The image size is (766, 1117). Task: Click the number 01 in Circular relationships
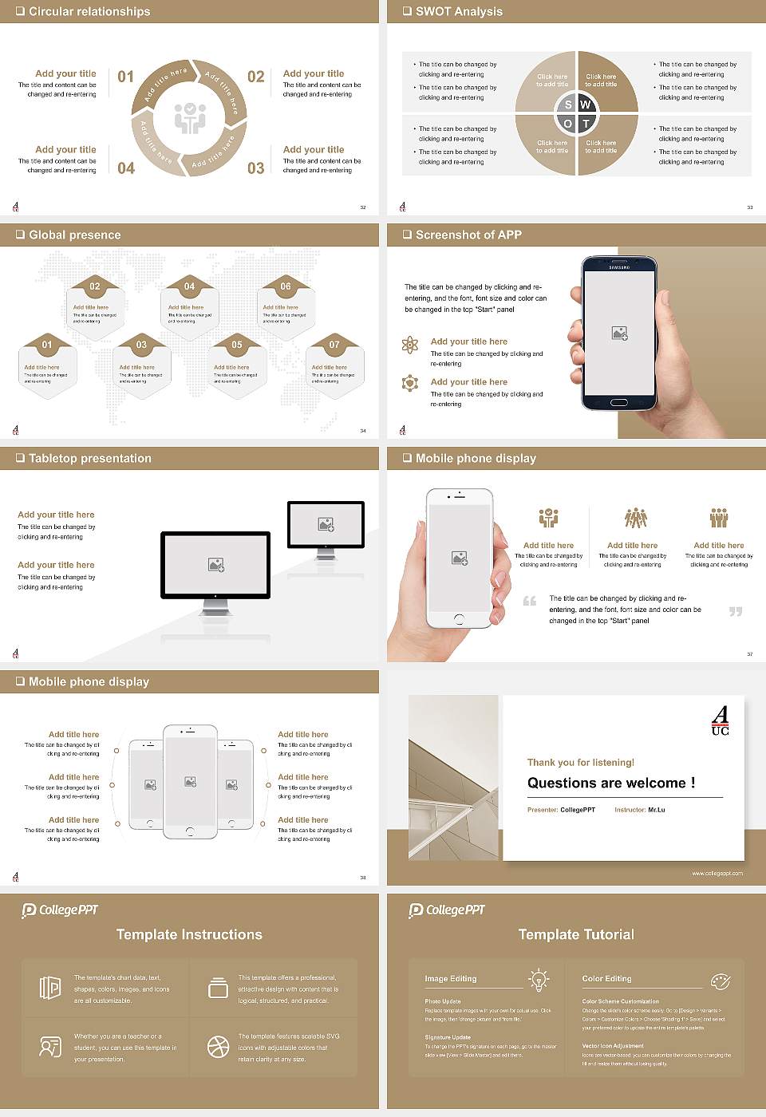tap(125, 77)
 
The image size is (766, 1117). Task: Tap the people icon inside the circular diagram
tap(190, 117)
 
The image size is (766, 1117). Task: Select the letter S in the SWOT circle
tap(568, 105)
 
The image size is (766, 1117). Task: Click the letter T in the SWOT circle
tap(586, 124)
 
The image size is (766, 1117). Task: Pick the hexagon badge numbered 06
tap(286, 286)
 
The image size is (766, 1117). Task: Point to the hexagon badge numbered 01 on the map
tap(47, 345)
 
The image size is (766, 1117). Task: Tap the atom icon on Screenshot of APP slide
tap(410, 345)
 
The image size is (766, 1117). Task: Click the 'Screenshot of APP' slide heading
tap(468, 235)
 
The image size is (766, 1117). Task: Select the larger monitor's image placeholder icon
tap(215, 564)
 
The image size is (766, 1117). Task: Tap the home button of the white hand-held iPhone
tap(459, 619)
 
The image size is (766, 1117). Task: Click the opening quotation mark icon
tap(530, 601)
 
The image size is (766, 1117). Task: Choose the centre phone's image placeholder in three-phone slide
tap(190, 782)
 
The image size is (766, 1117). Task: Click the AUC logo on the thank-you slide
tap(720, 720)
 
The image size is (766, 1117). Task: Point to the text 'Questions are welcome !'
tap(610, 783)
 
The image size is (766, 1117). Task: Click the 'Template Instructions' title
tap(189, 934)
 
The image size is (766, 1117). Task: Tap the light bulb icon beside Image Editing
tap(539, 979)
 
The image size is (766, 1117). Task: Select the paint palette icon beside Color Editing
tap(720, 981)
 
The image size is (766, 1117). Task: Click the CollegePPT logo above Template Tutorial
tap(447, 910)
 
